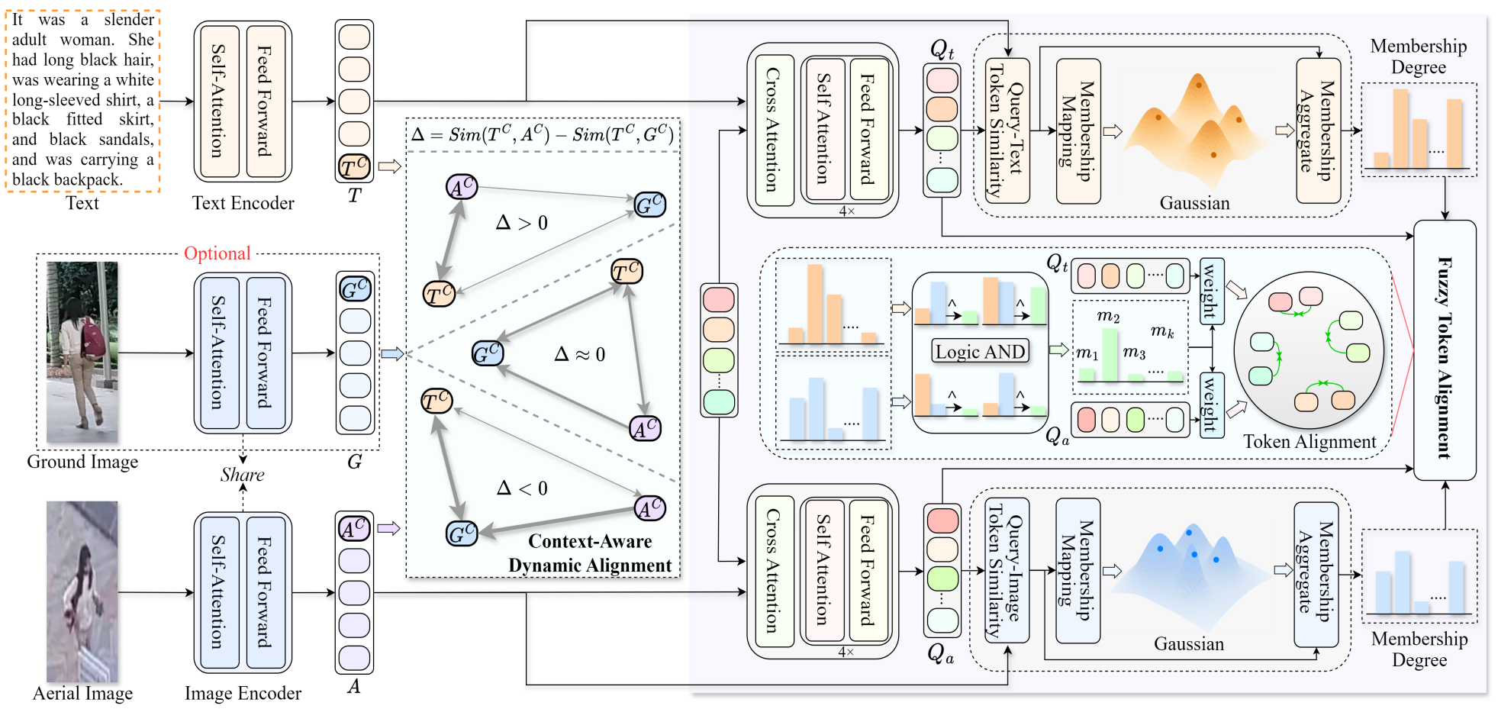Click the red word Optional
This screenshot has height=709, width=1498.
coord(217,253)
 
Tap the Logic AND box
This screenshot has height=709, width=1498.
coord(981,351)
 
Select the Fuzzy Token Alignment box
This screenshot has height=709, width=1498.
coord(1445,351)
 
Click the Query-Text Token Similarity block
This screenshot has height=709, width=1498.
coord(1007,131)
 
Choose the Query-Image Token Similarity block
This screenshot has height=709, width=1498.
coord(1007,570)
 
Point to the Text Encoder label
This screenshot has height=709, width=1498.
coord(243,203)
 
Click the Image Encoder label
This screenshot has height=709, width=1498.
coord(243,693)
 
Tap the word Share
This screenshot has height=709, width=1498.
coord(242,475)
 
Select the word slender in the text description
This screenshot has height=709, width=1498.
coord(129,20)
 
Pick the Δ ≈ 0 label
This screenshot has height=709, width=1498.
coord(580,354)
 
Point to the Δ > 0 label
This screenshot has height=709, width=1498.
coord(522,223)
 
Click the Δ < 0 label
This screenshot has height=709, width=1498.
coord(522,488)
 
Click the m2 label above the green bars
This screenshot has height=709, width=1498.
coord(1108,316)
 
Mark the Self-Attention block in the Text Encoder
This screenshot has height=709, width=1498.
coord(218,101)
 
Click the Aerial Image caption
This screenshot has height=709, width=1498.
coord(82,693)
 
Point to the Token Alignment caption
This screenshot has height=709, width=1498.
coord(1310,442)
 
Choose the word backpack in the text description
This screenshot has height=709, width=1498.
coord(87,180)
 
